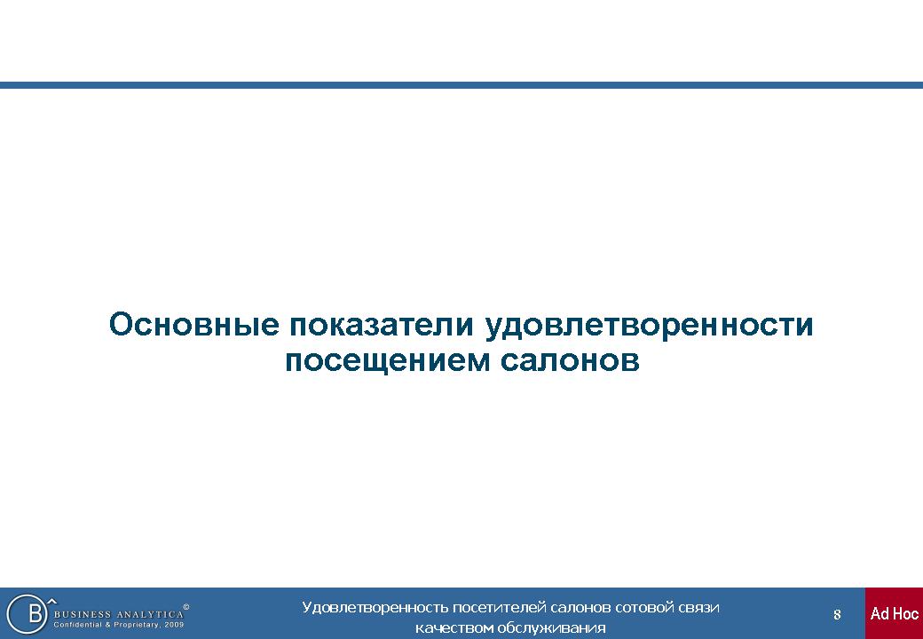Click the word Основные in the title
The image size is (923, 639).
click(193, 325)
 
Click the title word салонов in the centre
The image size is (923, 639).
click(570, 361)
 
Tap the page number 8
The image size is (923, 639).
click(837, 615)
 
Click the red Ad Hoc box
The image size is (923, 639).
click(895, 613)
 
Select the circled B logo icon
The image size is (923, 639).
click(27, 613)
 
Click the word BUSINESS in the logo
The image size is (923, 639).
click(82, 614)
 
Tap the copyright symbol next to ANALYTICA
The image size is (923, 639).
click(186, 607)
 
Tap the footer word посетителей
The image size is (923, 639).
click(500, 608)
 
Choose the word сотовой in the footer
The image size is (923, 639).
click(640, 608)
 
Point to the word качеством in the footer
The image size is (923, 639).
click(454, 628)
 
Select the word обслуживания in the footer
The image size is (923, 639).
click(551, 628)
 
